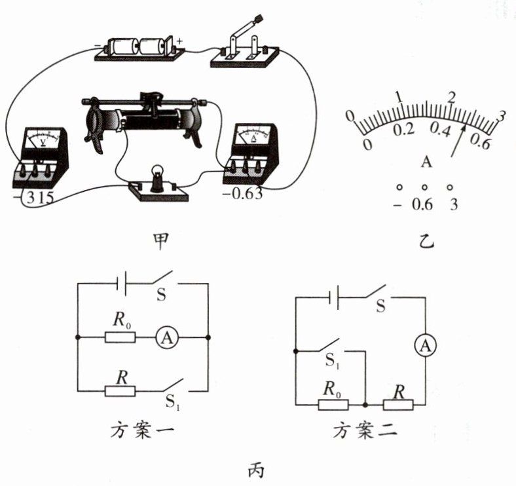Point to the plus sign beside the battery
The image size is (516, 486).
(179, 41)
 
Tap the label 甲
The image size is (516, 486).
(161, 242)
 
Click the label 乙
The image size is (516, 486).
(426, 242)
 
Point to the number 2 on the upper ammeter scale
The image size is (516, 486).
(452, 98)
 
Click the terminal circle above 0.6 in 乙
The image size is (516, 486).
(424, 187)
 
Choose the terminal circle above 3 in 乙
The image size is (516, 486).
(450, 187)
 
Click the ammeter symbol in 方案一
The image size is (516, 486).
(167, 337)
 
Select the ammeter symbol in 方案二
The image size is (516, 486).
(425, 346)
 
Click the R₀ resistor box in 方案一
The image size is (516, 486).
(120, 337)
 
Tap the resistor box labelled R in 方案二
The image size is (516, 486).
(398, 405)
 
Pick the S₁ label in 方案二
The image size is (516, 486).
(333, 361)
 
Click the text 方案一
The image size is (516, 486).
(142, 430)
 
